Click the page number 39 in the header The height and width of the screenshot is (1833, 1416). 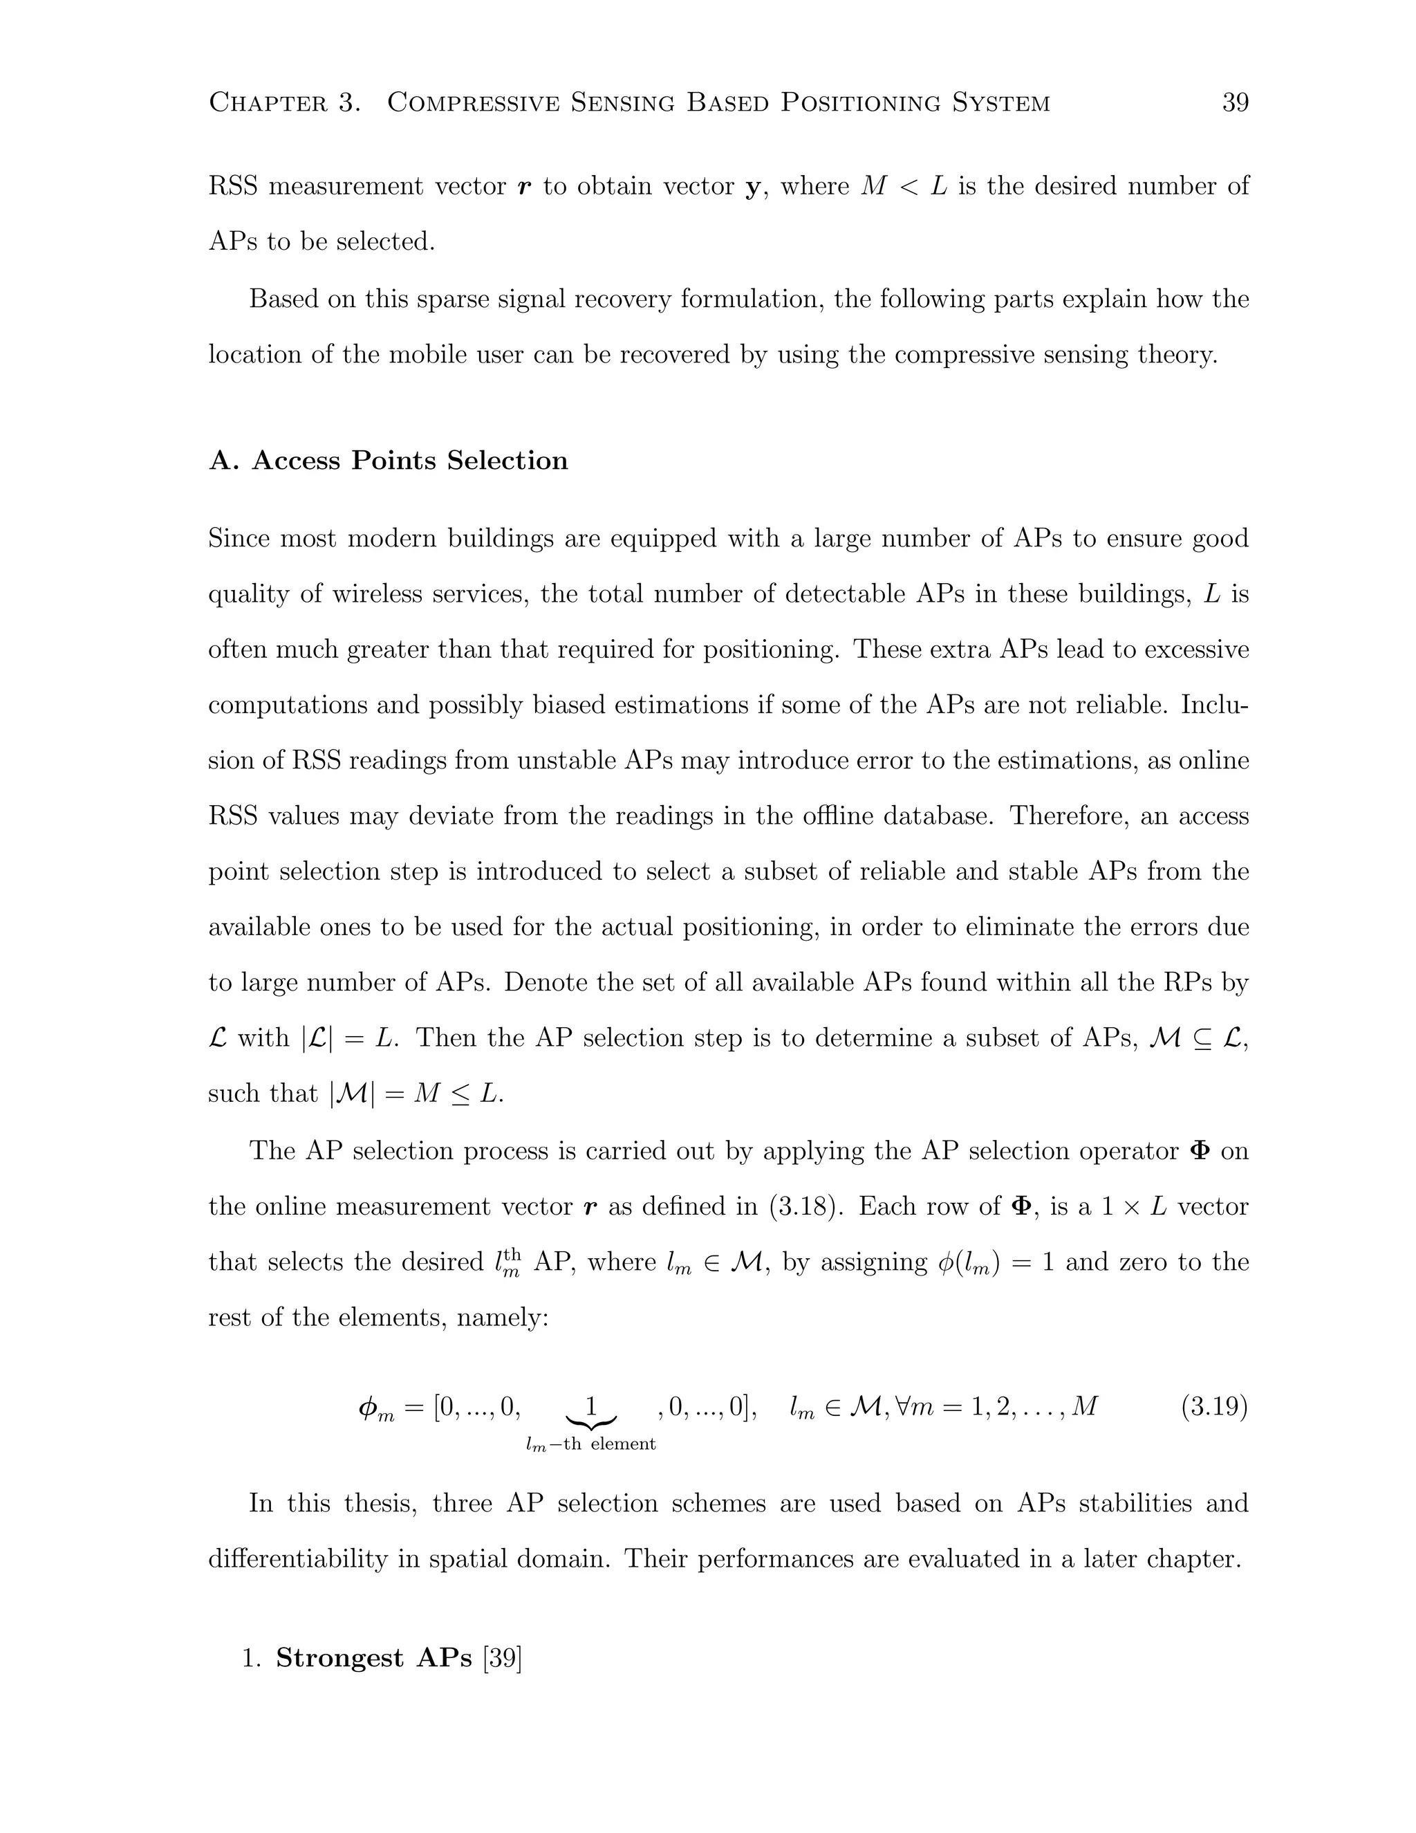pyautogui.click(x=1235, y=102)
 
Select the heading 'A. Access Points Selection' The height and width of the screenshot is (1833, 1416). pyautogui.click(x=389, y=460)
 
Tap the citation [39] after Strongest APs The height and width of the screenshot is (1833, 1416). pyautogui.click(x=503, y=1657)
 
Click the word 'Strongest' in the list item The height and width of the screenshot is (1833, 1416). pyautogui.click(x=339, y=1657)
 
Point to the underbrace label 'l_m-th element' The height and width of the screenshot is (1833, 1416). pyautogui.click(x=590, y=1444)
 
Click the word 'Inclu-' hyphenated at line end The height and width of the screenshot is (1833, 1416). pyautogui.click(x=1214, y=704)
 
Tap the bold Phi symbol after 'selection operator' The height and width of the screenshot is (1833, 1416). pyautogui.click(x=1200, y=1151)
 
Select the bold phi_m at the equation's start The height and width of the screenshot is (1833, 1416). pyautogui.click(x=375, y=1408)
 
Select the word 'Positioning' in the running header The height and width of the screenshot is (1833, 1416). pyautogui.click(x=858, y=102)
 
